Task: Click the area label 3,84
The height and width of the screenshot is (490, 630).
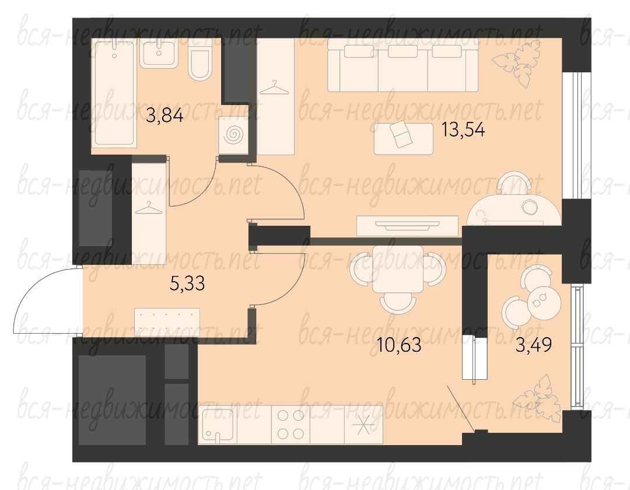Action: tap(164, 116)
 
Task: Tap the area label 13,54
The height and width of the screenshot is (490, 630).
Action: tap(463, 129)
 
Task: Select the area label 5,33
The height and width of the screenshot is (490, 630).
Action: tap(187, 283)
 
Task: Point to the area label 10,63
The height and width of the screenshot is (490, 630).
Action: tap(399, 345)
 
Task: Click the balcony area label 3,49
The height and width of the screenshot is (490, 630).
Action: tap(534, 345)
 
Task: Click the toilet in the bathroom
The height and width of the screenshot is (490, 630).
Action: tap(199, 61)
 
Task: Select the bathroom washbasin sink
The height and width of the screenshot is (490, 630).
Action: tap(159, 54)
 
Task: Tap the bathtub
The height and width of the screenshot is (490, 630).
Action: tap(113, 92)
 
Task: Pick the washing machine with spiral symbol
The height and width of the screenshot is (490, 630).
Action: tap(233, 135)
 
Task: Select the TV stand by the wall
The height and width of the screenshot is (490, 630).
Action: tap(407, 226)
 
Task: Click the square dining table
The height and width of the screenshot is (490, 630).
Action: tap(397, 269)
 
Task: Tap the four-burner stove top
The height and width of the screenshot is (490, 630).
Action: tap(290, 425)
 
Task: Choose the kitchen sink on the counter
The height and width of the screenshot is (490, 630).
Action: tap(218, 425)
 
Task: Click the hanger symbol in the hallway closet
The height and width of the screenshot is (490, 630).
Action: tap(149, 208)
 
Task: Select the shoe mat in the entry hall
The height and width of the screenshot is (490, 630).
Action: tap(167, 322)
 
